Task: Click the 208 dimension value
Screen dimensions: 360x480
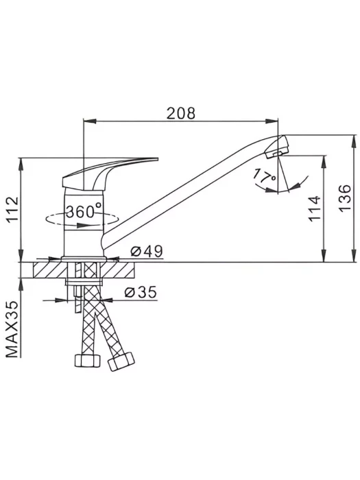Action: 180,114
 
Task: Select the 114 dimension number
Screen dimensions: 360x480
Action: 315,208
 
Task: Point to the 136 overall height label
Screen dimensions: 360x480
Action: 345,197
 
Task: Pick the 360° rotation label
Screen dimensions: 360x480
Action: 84,211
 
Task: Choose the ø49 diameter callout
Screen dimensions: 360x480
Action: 147,252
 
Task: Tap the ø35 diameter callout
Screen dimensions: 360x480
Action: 141,292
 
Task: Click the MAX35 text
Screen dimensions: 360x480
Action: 12,329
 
